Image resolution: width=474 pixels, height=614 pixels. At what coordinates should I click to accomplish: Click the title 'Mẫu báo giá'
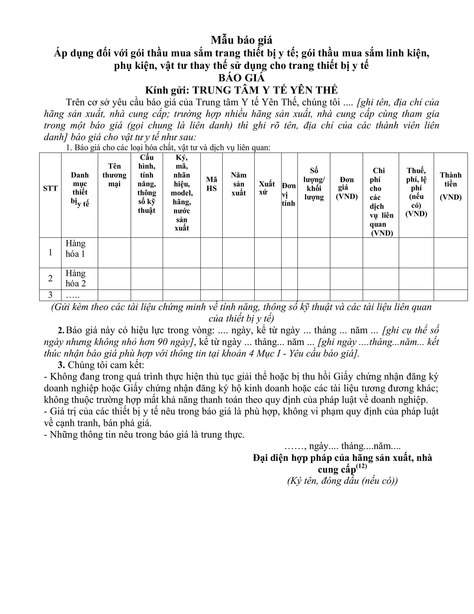click(241, 40)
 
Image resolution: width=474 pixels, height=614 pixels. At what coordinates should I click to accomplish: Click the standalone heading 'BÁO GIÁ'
click(241, 77)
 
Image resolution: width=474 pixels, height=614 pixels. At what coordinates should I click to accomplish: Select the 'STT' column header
click(50, 188)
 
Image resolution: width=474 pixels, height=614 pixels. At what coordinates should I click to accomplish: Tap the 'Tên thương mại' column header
click(114, 175)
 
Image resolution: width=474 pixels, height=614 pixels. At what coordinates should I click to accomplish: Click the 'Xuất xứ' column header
click(267, 188)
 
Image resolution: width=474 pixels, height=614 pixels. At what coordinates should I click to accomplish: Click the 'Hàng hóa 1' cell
click(75, 249)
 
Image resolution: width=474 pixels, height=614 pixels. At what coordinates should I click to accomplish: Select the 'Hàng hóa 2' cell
click(75, 278)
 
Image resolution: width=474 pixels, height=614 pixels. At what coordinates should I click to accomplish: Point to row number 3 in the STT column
click(50, 295)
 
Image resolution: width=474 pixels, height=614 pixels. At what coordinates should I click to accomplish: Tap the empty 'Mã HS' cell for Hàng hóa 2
click(212, 279)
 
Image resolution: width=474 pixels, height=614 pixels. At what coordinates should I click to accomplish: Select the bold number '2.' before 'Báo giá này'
click(61, 330)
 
